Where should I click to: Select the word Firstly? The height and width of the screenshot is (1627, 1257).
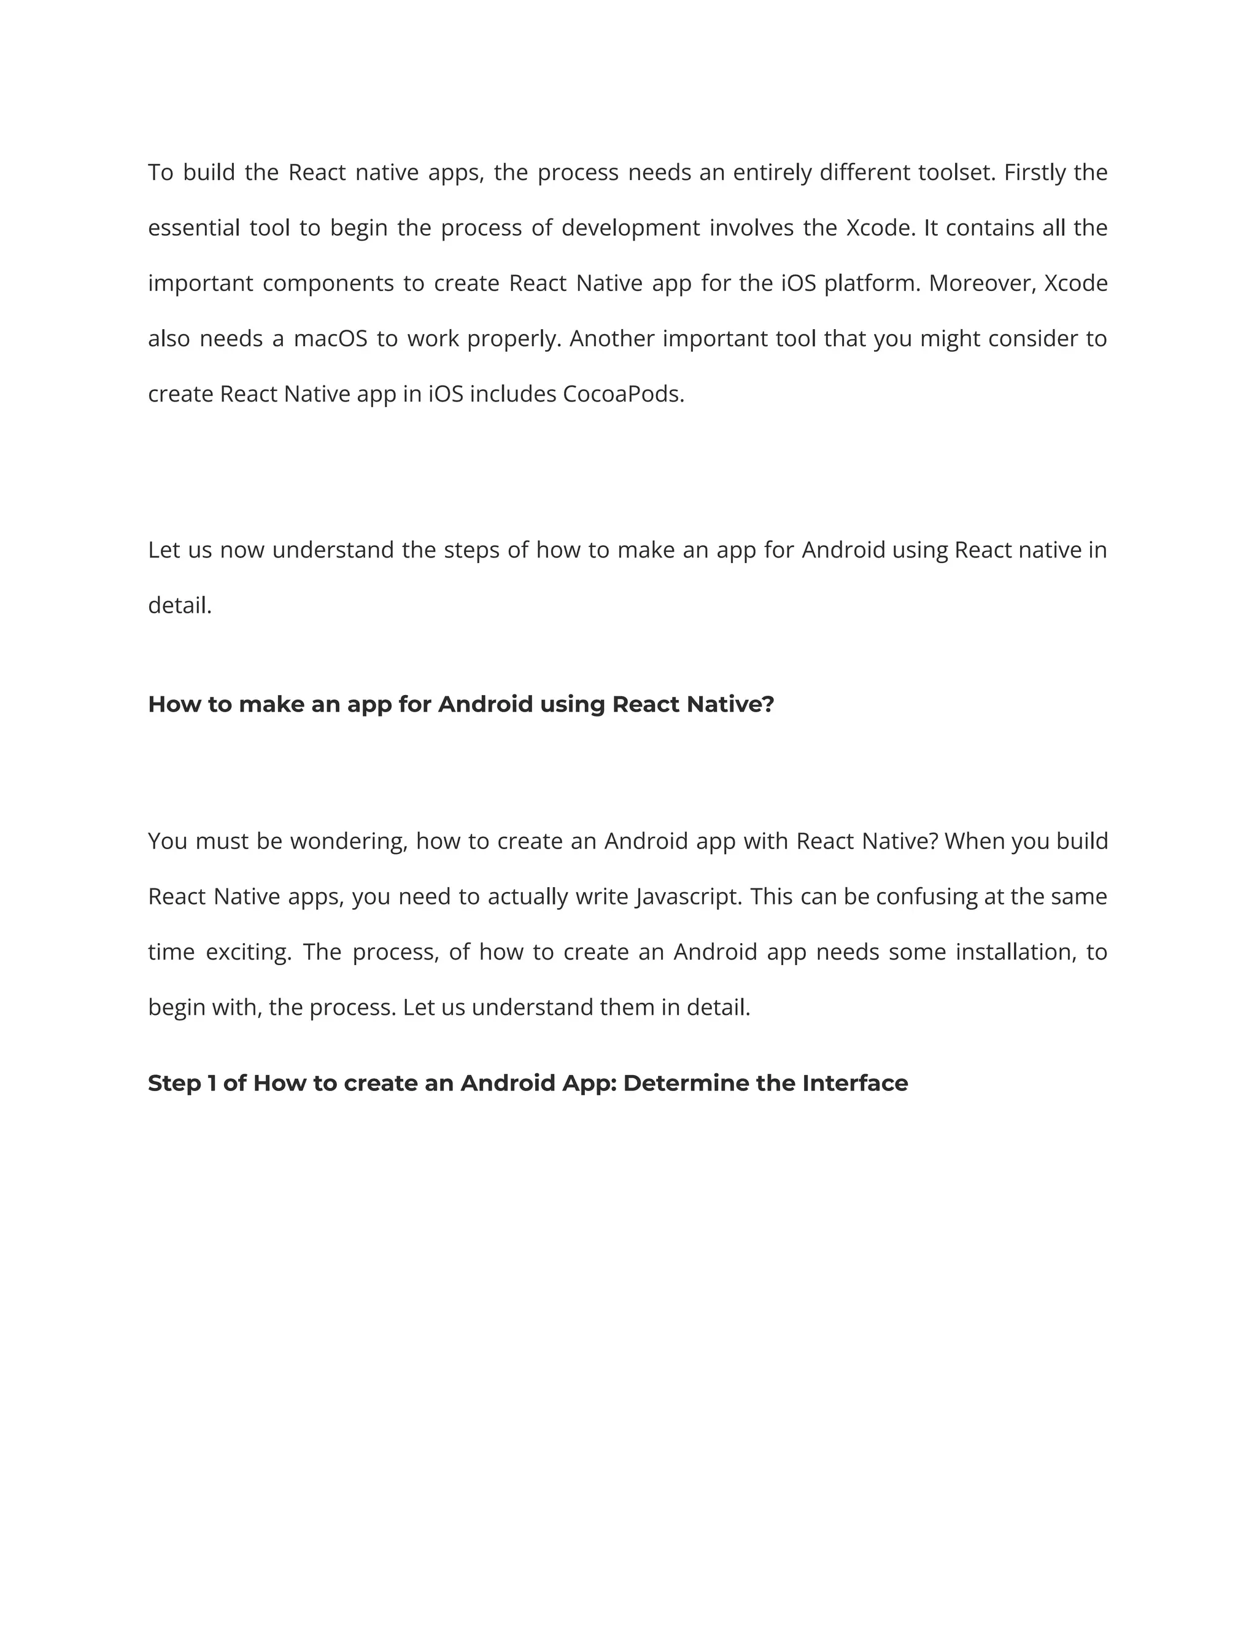[x=1034, y=173]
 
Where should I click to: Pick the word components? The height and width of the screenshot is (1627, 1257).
[x=328, y=284]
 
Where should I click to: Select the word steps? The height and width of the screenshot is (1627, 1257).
[x=471, y=551]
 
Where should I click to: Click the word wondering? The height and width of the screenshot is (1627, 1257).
[x=349, y=842]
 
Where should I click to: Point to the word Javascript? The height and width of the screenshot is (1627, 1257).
[x=689, y=897]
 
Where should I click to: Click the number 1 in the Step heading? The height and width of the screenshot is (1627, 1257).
[x=212, y=1083]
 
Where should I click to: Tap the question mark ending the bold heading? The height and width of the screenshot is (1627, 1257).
[x=768, y=705]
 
